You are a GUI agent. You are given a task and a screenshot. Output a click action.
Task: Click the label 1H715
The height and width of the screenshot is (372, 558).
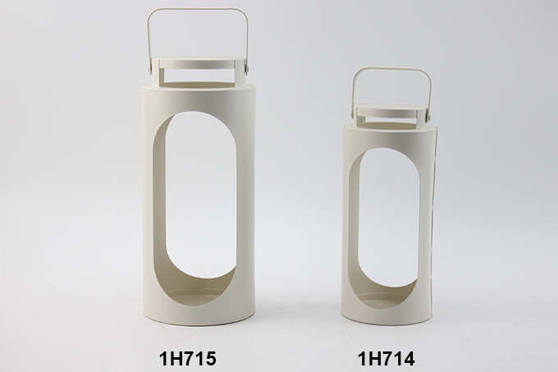tap(187, 358)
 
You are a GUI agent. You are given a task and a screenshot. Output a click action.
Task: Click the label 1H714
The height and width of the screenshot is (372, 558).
tap(386, 358)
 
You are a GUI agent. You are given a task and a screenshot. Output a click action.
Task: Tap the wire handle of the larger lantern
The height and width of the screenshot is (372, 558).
tap(198, 11)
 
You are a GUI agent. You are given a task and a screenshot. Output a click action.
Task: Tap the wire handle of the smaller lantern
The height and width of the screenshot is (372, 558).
tap(391, 70)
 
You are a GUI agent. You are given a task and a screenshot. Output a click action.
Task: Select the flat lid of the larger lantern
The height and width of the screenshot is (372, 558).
tap(199, 60)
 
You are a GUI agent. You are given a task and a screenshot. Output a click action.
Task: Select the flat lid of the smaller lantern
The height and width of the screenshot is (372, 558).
tap(391, 107)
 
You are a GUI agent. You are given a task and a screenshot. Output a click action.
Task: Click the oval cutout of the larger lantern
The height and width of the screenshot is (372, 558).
tap(195, 204)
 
